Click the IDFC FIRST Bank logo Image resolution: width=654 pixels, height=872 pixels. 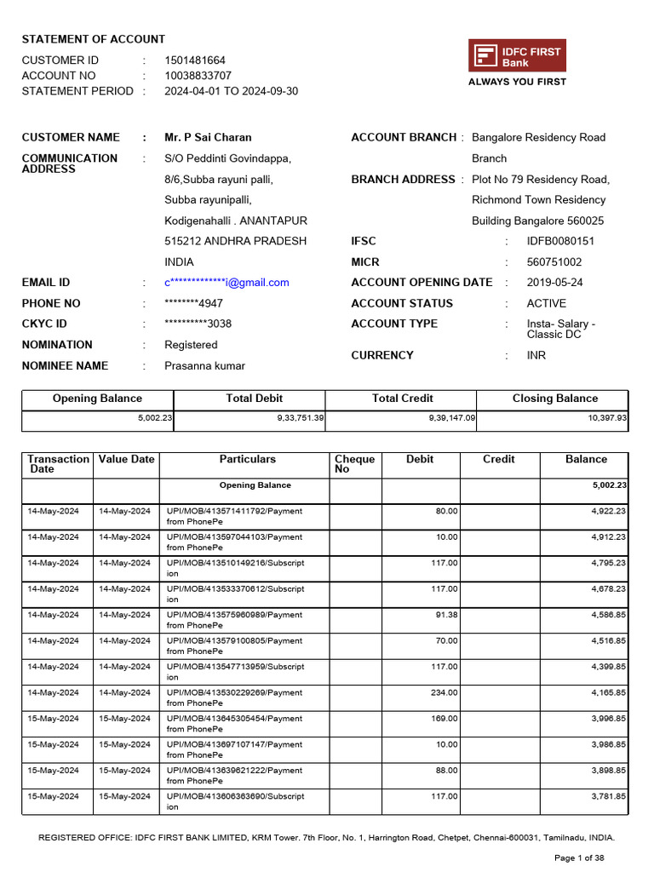click(x=517, y=56)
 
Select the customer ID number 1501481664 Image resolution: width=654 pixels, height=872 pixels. click(x=195, y=60)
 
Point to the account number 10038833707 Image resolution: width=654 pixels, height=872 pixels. click(x=198, y=76)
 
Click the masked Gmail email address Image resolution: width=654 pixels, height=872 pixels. click(x=227, y=283)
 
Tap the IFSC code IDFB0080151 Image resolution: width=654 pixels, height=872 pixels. click(x=560, y=241)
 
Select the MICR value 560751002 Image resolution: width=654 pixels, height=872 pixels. click(x=554, y=262)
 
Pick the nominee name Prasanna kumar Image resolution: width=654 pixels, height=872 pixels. click(x=204, y=365)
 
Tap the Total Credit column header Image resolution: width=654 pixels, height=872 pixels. click(x=402, y=399)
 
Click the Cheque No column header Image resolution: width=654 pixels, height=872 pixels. click(x=354, y=464)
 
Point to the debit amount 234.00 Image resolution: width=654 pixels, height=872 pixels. click(x=444, y=692)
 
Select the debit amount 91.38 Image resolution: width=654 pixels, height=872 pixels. click(x=445, y=615)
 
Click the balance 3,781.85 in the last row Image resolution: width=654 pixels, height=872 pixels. click(x=609, y=796)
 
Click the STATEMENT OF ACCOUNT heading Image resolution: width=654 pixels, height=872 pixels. click(x=94, y=39)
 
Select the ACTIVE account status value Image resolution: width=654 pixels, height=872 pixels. click(x=546, y=303)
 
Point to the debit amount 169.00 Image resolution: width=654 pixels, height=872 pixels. click(x=444, y=719)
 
